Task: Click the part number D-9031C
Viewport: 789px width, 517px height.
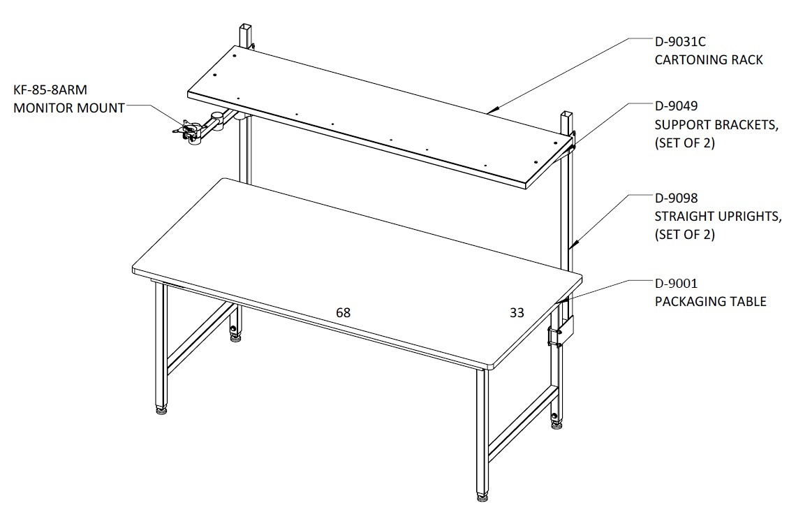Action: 680,42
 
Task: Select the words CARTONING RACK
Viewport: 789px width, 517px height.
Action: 709,60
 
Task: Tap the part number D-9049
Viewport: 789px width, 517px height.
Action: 677,105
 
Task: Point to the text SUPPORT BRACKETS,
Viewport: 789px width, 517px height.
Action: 716,125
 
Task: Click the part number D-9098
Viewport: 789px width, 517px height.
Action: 677,198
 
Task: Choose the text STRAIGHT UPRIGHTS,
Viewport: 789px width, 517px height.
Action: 718,217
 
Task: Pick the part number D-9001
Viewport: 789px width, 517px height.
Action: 677,284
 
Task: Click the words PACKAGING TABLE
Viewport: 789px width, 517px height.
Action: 711,302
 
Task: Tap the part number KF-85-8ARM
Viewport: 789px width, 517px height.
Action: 50,90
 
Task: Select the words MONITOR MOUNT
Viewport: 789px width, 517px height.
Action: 69,108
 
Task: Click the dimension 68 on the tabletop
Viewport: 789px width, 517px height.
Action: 343,313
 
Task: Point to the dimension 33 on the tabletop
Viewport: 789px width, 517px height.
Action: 517,313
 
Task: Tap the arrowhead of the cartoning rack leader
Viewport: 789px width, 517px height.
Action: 494,108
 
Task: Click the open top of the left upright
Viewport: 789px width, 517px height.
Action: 244,26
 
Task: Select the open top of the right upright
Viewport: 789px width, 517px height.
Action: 567,114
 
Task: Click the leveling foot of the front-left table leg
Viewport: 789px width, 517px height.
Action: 161,410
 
